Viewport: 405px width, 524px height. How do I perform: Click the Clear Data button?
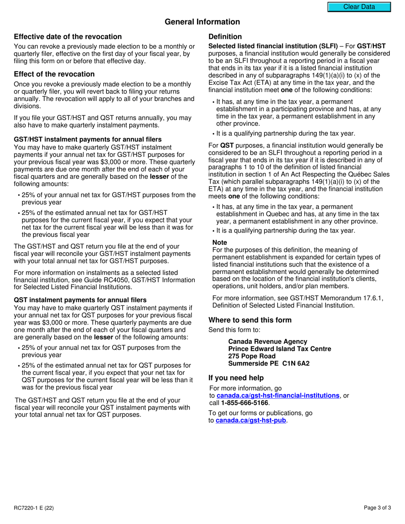tap(359, 7)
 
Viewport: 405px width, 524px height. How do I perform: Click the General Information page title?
tap(202, 22)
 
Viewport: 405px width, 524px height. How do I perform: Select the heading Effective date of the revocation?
tap(68, 37)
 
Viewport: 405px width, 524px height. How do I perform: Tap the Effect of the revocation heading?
tap(54, 74)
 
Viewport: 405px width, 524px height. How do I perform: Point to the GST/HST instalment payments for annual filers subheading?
tap(88, 139)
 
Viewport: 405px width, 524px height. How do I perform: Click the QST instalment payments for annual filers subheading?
tap(80, 300)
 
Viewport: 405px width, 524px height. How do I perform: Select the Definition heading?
tap(225, 37)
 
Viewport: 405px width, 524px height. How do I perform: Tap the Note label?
tap(220, 242)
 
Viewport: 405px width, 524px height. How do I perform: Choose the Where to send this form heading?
tap(250, 320)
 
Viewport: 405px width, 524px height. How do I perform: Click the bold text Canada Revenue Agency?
tap(268, 342)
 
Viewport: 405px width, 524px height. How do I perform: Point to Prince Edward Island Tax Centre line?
tap(280, 349)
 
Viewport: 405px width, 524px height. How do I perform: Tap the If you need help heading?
tap(236, 378)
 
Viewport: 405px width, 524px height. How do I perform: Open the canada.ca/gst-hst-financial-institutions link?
tap(278, 395)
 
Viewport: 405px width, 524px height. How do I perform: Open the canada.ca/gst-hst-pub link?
tap(251, 420)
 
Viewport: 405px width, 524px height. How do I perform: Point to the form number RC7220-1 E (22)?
tap(34, 507)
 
